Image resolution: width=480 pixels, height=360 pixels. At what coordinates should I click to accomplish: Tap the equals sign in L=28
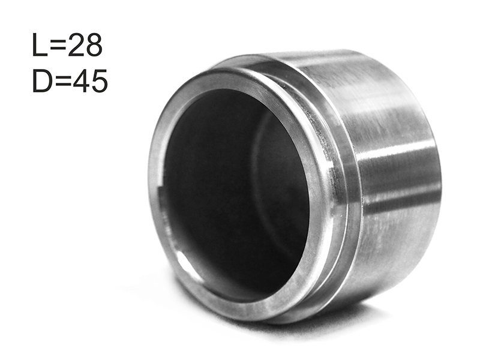[58, 46]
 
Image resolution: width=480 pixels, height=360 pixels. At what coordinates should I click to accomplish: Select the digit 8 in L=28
[94, 45]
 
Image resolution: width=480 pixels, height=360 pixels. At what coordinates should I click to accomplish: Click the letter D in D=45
[41, 80]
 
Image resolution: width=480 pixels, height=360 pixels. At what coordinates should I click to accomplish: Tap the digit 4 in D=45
[80, 80]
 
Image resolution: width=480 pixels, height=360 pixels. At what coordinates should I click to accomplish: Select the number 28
[85, 45]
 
